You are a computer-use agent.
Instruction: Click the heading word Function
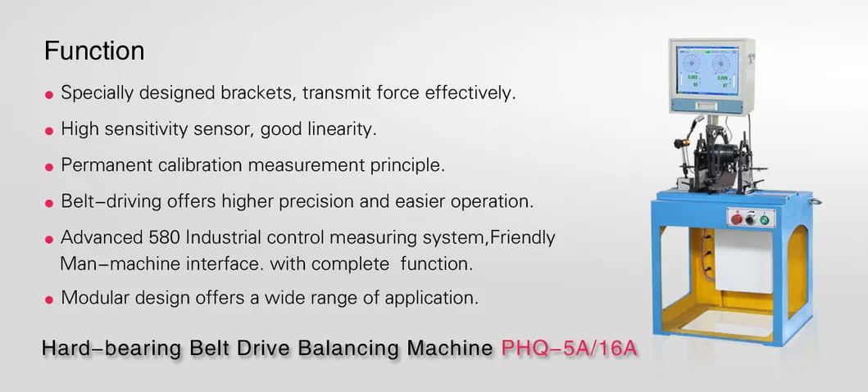click(x=94, y=52)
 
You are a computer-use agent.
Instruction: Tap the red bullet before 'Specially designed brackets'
click(x=50, y=95)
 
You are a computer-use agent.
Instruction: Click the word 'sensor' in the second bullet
click(x=227, y=129)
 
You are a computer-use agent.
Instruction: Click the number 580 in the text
click(x=166, y=238)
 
